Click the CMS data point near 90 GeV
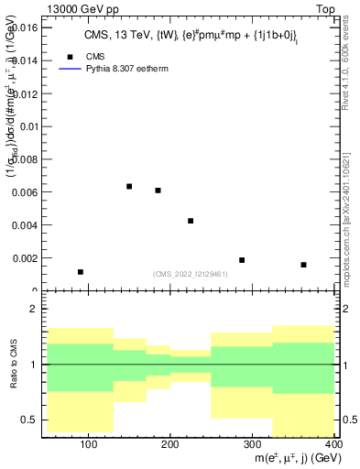[81, 272]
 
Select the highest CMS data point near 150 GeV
[129, 187]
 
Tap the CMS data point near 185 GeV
[158, 191]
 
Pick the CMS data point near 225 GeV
[191, 221]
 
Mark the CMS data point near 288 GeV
[242, 260]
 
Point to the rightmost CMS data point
[303, 265]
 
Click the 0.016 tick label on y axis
[24, 27]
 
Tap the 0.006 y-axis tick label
[24, 192]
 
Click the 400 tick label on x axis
[333, 444]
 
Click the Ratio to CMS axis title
[13, 365]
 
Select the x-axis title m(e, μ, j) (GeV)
[288, 458]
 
